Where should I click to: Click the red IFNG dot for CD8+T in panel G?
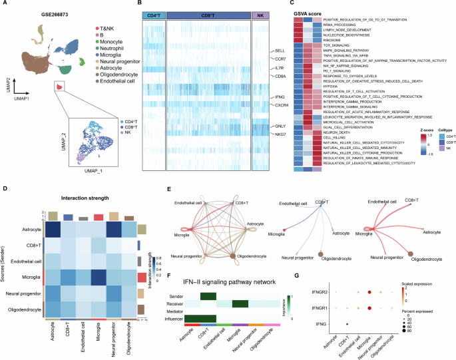tap(347, 323)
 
